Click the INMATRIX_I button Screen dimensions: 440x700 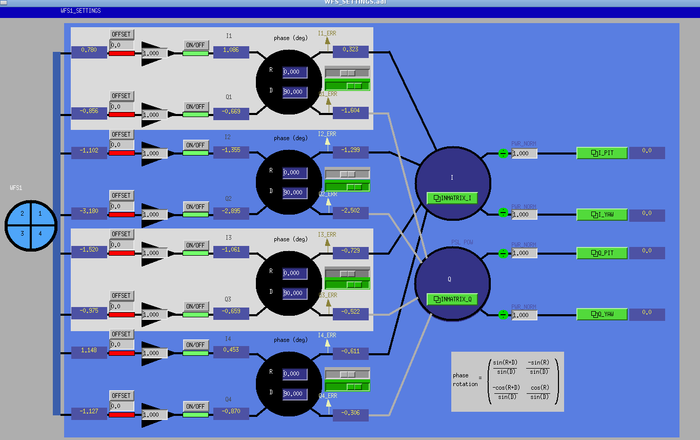(452, 198)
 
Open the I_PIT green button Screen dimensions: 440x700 (602, 153)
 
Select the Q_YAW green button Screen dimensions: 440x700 (602, 314)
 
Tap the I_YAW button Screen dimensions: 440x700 (602, 215)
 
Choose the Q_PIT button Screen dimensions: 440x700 (602, 253)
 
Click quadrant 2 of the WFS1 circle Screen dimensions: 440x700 (22, 213)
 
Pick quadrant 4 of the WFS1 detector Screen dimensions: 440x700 (40, 234)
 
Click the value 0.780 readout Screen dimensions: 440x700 (89, 50)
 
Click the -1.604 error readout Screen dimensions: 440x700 (350, 110)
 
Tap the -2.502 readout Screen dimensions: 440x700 (350, 211)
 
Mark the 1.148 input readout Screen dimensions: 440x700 (89, 350)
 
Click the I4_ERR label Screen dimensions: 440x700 (327, 335)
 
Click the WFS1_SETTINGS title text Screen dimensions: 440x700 (81, 11)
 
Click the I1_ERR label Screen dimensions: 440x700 (327, 33)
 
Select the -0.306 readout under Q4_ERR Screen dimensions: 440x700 (350, 413)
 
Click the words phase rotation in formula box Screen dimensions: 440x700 (465, 380)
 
